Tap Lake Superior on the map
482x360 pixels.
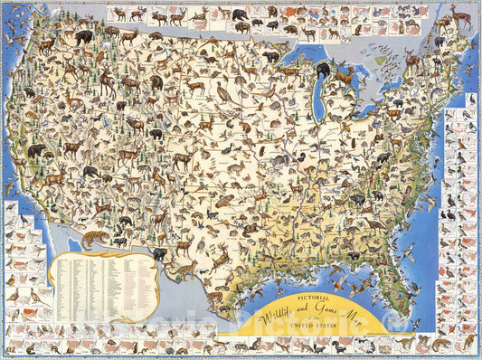pos(301,56)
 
